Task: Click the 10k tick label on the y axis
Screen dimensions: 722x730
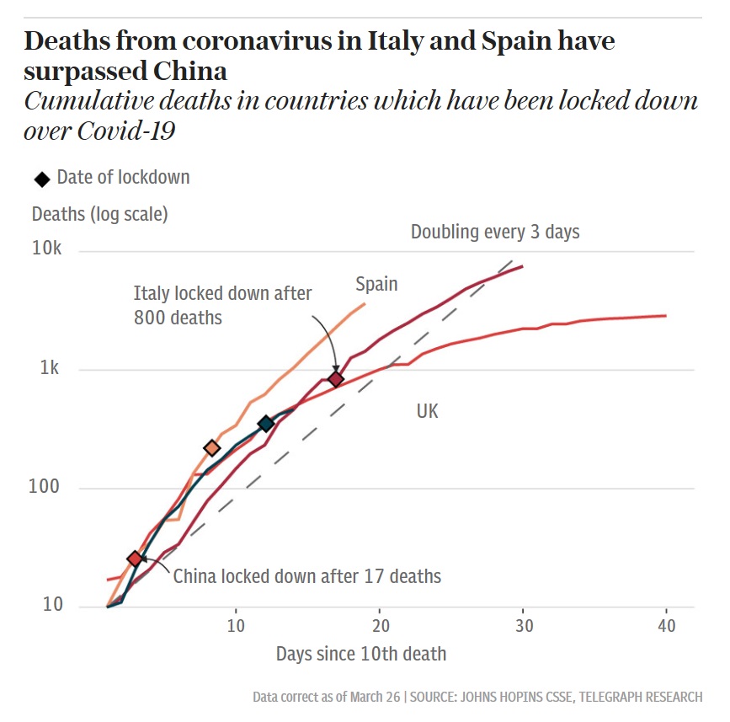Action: pos(47,249)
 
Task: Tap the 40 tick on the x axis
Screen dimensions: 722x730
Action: pos(666,627)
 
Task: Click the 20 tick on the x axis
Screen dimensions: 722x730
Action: pos(380,627)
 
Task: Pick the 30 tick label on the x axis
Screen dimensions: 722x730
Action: pos(523,627)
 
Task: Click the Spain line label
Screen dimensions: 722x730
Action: pos(376,284)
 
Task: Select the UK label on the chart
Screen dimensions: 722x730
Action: pos(428,411)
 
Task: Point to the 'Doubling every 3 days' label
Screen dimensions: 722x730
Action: pos(495,232)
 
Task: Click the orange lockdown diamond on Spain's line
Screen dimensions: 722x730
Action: pos(212,448)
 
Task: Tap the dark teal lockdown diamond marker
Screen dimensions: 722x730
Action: pos(266,424)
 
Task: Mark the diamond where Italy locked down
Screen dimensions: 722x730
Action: pos(336,379)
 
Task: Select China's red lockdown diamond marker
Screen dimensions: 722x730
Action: pos(135,559)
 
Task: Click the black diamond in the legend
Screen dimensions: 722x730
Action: pos(42,179)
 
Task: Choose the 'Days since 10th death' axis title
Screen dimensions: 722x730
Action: pos(361,654)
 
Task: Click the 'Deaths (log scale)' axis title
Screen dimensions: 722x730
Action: pos(99,214)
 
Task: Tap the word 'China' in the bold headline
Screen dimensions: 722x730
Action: pos(191,69)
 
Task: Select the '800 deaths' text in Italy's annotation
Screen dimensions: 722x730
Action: pos(178,318)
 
